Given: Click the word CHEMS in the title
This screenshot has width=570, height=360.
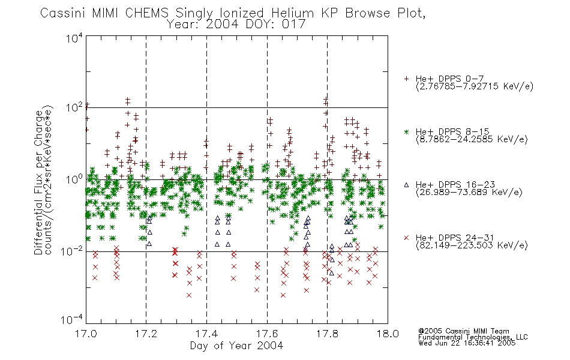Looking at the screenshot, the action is click(x=147, y=13).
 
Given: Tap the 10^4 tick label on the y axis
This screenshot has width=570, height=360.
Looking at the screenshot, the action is click(x=74, y=38).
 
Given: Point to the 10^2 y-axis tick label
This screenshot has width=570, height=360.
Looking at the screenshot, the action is click(x=74, y=107).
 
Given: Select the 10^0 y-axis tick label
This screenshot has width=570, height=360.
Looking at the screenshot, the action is click(x=74, y=179).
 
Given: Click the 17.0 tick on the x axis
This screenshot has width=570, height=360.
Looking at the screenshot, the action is click(x=86, y=334).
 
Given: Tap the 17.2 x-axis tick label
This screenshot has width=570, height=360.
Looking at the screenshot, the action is click(x=146, y=334).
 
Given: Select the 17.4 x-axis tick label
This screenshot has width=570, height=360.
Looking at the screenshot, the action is click(x=207, y=334).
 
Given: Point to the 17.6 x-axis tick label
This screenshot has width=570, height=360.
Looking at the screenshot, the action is click(x=267, y=334).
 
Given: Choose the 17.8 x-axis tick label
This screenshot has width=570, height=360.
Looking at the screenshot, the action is click(x=327, y=334).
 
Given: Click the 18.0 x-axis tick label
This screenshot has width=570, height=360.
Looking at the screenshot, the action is click(x=388, y=334).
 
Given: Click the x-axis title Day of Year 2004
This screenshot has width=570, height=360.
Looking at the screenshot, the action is click(x=236, y=346).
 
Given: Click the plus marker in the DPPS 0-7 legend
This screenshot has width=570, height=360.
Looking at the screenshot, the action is click(x=406, y=79).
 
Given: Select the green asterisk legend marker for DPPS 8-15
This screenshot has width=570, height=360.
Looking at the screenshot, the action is click(x=406, y=131).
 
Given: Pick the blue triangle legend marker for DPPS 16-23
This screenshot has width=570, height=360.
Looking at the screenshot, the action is click(x=406, y=185).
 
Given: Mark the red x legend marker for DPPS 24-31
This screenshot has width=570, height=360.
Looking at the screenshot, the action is click(x=406, y=238).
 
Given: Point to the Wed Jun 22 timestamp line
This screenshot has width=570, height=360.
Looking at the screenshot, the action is click(x=467, y=343).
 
